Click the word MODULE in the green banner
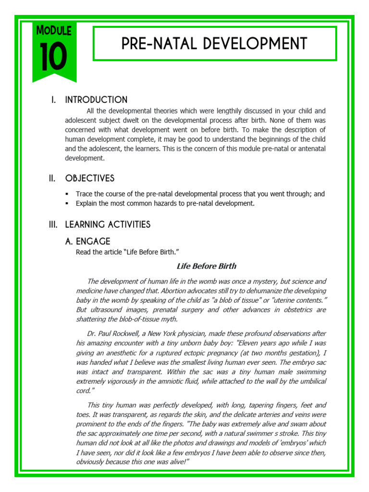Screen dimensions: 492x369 click(x=53, y=31)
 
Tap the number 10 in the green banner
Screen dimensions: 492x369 click(x=53, y=56)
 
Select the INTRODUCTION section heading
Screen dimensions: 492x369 click(x=96, y=100)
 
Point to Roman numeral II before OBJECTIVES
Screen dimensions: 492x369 click(x=52, y=178)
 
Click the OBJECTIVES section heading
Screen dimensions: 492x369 click(x=90, y=178)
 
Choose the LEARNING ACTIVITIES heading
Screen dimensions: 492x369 click(x=108, y=224)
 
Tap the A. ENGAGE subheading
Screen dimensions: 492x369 click(x=87, y=241)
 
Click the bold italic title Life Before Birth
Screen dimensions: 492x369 click(x=207, y=266)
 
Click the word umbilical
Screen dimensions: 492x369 click(x=310, y=381)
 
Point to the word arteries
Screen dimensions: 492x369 click(x=255, y=415)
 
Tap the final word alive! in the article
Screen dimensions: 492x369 click(x=176, y=461)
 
